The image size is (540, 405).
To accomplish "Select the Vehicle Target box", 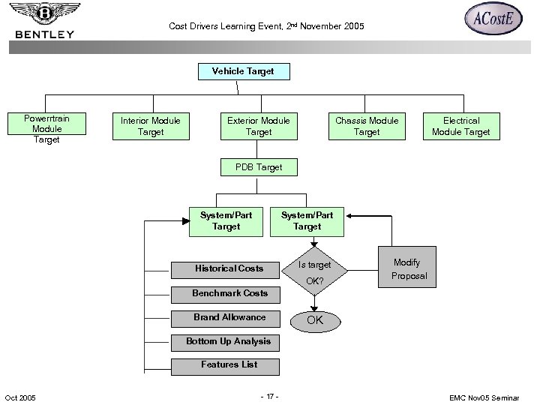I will pyautogui.click(x=242, y=72).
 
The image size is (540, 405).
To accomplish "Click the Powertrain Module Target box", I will pyautogui.click(x=46, y=129).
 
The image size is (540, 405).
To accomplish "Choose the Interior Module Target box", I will pyautogui.click(x=150, y=126).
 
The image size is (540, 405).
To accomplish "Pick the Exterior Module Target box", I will pyautogui.click(x=259, y=126).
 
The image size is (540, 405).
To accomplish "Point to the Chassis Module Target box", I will pyautogui.click(x=367, y=126).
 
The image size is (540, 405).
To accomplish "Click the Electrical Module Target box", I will pyautogui.click(x=460, y=126).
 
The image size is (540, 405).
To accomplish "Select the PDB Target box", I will pyautogui.click(x=259, y=167).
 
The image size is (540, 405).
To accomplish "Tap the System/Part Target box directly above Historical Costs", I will pyautogui.click(x=226, y=220).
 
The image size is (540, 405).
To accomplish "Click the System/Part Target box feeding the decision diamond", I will pyautogui.click(x=307, y=220).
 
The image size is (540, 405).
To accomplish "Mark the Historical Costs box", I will pyautogui.click(x=229, y=268).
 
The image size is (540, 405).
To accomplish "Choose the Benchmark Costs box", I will pyautogui.click(x=229, y=293).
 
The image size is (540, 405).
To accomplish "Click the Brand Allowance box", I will pyautogui.click(x=229, y=317).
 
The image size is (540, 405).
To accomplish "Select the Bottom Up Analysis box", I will pyautogui.click(x=229, y=342).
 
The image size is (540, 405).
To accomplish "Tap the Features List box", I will pyautogui.click(x=229, y=365).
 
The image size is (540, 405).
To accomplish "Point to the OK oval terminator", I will pyautogui.click(x=315, y=321).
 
